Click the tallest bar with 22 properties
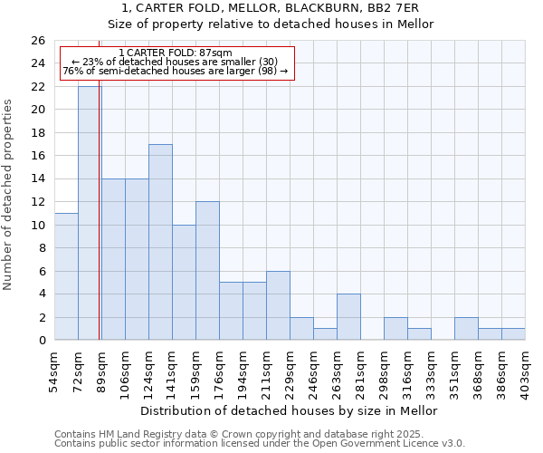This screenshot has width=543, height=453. click(90, 213)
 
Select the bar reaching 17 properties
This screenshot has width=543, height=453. click(160, 242)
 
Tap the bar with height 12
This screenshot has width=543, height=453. click(207, 271)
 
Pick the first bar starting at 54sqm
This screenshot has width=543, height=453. click(66, 276)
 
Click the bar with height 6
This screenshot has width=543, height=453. click(278, 305)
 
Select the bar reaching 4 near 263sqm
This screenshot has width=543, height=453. click(348, 317)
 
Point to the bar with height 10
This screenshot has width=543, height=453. click(184, 283)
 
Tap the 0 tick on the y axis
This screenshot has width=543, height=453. click(41, 341)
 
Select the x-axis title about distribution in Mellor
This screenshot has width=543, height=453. click(290, 410)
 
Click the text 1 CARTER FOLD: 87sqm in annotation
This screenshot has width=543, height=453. click(176, 53)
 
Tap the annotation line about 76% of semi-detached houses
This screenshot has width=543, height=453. click(176, 71)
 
